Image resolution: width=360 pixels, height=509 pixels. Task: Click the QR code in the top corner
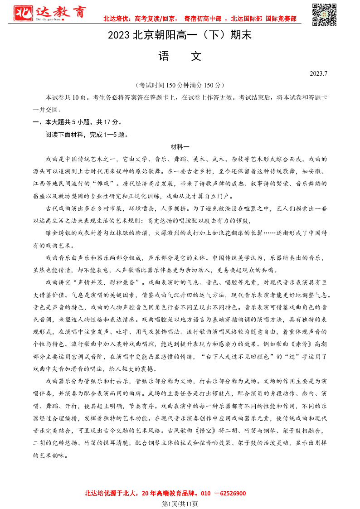coord(325,15)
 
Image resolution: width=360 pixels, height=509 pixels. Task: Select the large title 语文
coord(180,56)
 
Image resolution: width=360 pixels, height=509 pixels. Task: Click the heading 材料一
coord(180,147)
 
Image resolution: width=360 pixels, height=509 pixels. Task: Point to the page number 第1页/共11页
coord(180,504)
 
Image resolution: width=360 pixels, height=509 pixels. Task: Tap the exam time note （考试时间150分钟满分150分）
coord(180,85)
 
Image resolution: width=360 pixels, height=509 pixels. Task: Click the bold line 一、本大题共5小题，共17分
coord(77,122)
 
